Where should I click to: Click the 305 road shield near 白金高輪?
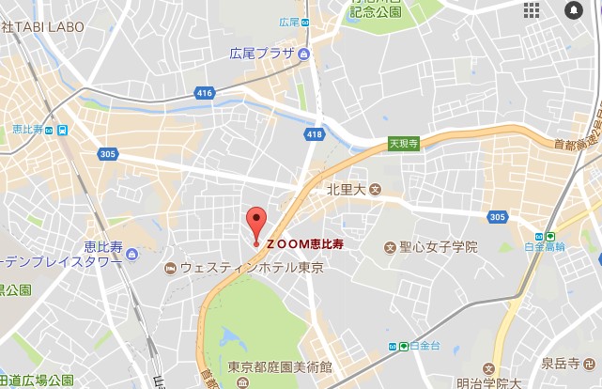point(498,217)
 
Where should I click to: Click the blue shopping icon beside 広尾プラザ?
point(304,54)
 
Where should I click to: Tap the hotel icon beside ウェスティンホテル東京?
point(170,269)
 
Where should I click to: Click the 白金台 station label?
point(426,347)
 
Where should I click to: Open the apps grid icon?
point(532,10)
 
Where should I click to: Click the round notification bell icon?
point(573,10)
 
